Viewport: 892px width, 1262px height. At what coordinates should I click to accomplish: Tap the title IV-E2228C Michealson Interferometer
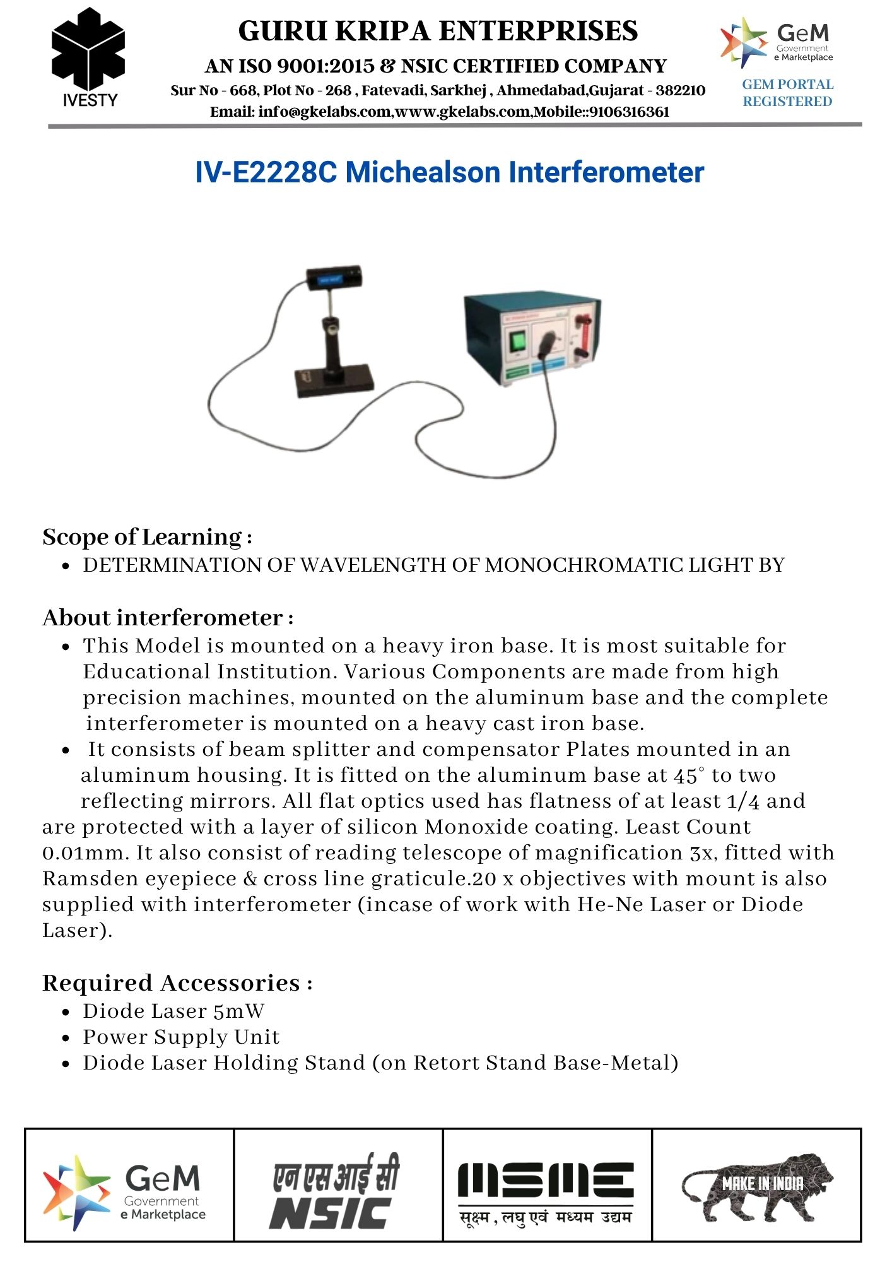(x=449, y=172)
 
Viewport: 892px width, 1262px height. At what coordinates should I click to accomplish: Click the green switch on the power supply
(x=518, y=341)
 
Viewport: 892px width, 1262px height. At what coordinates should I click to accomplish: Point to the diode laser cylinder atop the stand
(x=334, y=278)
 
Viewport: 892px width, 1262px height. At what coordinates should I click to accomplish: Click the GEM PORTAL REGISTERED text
(x=787, y=93)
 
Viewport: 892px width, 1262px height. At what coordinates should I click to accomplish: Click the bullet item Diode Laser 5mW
(x=173, y=1011)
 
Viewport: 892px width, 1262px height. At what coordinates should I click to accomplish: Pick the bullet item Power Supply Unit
(x=181, y=1037)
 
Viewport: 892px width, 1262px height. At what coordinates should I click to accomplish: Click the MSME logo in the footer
(x=546, y=1192)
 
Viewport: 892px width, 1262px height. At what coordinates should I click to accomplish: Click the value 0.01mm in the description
(x=86, y=852)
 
